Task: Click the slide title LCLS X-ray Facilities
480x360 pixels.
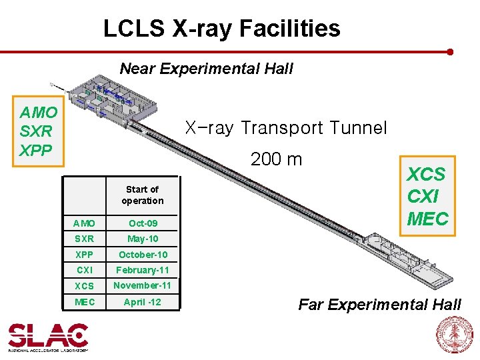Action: click(221, 29)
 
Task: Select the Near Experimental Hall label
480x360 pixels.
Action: click(206, 69)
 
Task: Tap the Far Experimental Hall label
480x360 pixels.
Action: click(379, 305)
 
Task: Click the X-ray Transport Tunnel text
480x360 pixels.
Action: click(285, 127)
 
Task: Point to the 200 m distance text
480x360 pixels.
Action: click(276, 159)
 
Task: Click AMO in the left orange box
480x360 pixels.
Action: click(39, 112)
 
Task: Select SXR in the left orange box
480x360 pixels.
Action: click(37, 131)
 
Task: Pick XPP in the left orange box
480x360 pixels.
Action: click(36, 150)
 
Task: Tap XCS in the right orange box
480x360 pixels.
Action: click(426, 175)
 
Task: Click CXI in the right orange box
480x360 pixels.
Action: click(423, 197)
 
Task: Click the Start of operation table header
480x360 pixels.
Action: click(142, 195)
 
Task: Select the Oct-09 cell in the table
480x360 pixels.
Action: click(142, 223)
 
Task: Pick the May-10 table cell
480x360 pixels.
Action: click(143, 239)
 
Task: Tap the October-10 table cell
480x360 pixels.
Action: click(143, 255)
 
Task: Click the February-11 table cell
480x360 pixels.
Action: click(143, 270)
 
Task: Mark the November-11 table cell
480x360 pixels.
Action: click(142, 285)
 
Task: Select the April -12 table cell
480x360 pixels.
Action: click(142, 302)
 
